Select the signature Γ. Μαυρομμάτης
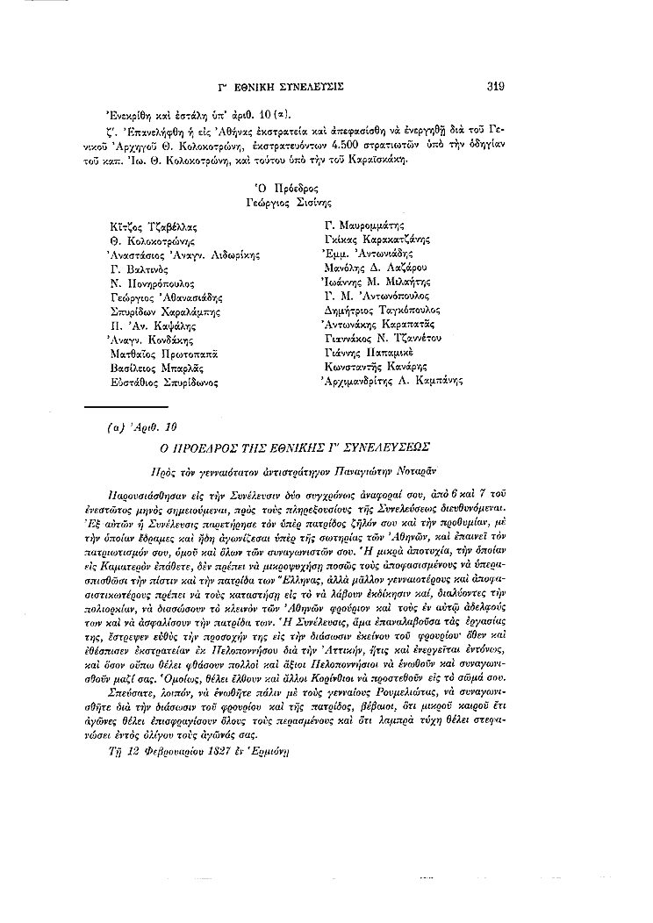(362, 225)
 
